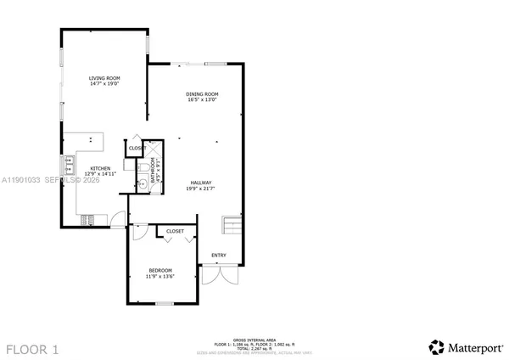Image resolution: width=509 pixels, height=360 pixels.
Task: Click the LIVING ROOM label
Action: pos(103,78)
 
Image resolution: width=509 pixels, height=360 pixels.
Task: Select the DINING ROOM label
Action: pos(203,93)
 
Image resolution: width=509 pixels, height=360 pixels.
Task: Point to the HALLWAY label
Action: pos(201,183)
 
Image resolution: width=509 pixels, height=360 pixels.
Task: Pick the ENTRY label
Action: pos(219,255)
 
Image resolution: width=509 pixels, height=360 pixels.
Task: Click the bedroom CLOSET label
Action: pos(176,231)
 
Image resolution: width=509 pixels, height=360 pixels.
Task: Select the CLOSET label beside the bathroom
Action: pos(137,148)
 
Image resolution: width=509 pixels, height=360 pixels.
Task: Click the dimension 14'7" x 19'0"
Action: pos(103,84)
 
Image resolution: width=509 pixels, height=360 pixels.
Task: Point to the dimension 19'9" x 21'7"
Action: pos(201,188)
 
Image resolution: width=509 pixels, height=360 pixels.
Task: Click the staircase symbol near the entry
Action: pos(232,226)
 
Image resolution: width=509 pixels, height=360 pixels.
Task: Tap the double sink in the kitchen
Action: pos(65,163)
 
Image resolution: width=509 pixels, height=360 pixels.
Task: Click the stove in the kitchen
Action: pos(87,221)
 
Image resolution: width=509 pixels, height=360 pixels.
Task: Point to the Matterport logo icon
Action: pos(437,346)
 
